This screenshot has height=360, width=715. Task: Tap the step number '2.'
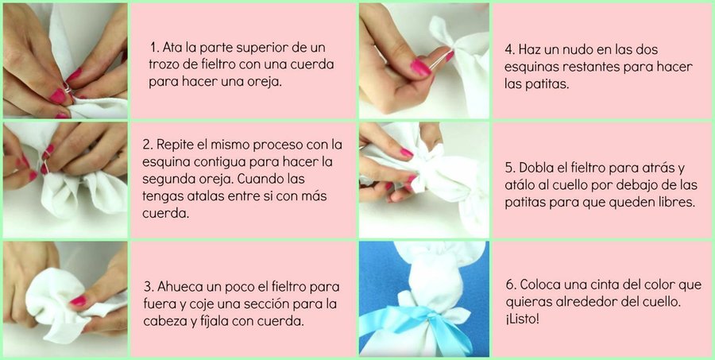click(x=148, y=145)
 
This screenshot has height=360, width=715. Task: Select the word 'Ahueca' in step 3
click(x=178, y=287)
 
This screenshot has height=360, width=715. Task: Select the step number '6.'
click(x=511, y=285)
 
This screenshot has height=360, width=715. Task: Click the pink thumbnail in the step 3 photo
click(x=78, y=300)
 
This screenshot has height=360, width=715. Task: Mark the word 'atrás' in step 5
click(x=668, y=168)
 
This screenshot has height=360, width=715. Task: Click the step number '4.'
click(x=510, y=49)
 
